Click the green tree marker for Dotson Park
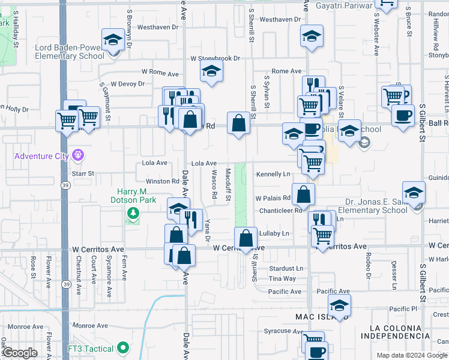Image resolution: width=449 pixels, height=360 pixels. pyautogui.click(x=132, y=213)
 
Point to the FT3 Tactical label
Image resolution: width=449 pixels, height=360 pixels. pyautogui.click(x=91, y=349)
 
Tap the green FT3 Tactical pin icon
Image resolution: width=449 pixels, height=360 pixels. pyautogui.click(x=123, y=348)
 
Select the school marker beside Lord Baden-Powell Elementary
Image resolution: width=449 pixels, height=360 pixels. pyautogui.click(x=112, y=40)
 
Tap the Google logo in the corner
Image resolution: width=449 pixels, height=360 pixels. pyautogui.click(x=20, y=353)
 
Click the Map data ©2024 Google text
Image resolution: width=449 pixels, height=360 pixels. pyautogui.click(x=412, y=355)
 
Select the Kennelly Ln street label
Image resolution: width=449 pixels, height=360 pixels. pyautogui.click(x=273, y=174)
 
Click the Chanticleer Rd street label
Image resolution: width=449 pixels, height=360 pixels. pyautogui.click(x=280, y=211)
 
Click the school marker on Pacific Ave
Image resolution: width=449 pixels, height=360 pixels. pyautogui.click(x=340, y=306)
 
